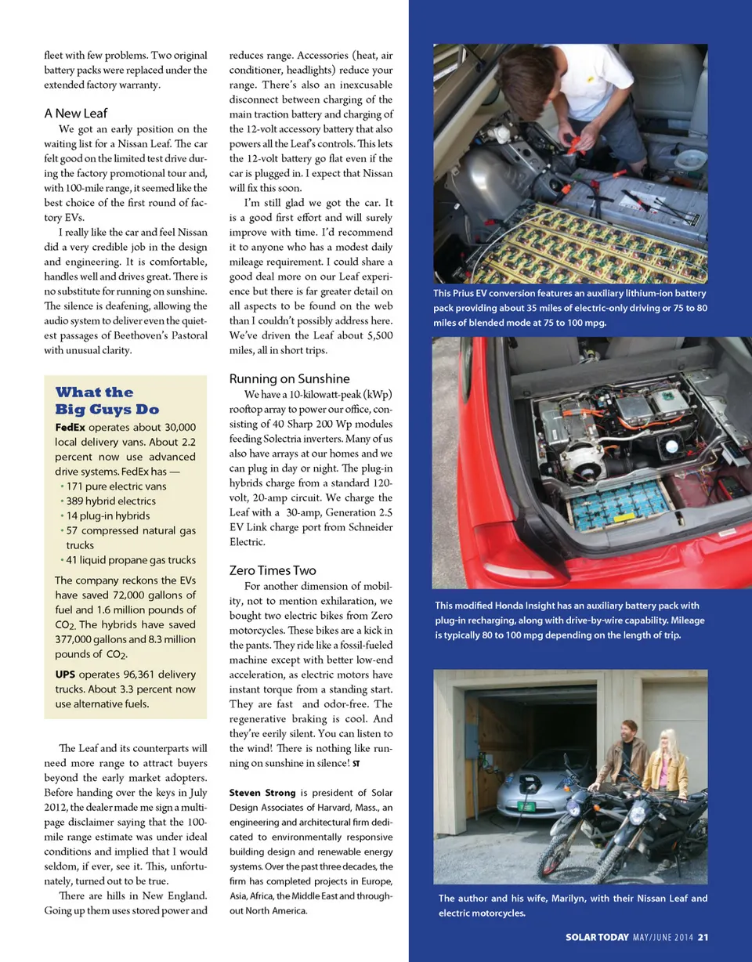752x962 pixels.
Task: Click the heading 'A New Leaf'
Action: pos(76,113)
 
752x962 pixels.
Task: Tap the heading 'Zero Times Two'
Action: pos(273,570)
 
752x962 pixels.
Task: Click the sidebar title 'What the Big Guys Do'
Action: pos(107,400)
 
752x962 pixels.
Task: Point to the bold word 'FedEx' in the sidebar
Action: pos(70,427)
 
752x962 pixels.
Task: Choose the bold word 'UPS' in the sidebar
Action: pos(66,674)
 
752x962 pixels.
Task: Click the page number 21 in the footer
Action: pos(703,937)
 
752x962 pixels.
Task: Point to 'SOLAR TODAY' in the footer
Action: pos(597,937)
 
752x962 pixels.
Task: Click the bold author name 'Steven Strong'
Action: pos(262,793)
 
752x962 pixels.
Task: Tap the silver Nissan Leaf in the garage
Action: pos(533,787)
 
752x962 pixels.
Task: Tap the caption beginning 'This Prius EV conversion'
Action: pos(570,308)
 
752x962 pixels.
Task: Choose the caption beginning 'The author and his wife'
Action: pos(573,906)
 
